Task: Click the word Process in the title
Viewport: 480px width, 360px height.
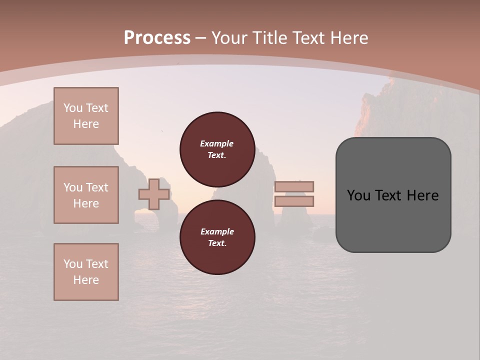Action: [157, 38]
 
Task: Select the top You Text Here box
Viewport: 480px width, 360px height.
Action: [86, 116]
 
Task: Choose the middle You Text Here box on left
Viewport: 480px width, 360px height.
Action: [86, 195]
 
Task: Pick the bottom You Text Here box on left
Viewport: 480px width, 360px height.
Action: [86, 272]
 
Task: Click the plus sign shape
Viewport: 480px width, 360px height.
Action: [154, 194]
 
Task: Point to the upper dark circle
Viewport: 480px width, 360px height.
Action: [217, 149]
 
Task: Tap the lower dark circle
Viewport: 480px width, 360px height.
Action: [217, 237]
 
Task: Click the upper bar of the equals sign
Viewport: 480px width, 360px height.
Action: [294, 186]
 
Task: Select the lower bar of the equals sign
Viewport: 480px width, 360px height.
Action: [294, 201]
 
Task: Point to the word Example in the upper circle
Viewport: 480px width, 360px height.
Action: [217, 143]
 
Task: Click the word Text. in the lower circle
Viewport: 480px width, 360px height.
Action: [217, 243]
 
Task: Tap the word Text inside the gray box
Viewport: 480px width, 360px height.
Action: [393, 195]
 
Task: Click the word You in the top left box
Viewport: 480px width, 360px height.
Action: [72, 108]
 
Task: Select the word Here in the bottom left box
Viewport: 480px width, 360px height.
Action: [86, 280]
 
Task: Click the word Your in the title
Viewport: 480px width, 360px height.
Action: [230, 38]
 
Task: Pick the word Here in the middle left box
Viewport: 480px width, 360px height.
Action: [86, 203]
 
